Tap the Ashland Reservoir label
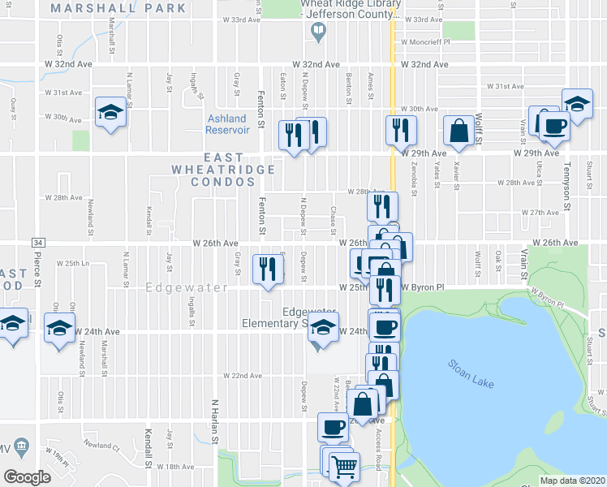coord(226,124)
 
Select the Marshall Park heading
coord(118,8)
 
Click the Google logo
coord(27,476)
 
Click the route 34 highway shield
coord(37,242)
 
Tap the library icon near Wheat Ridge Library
coord(318,31)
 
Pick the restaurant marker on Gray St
coord(265,269)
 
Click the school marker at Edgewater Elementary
coord(324,330)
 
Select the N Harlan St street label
coord(215,417)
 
